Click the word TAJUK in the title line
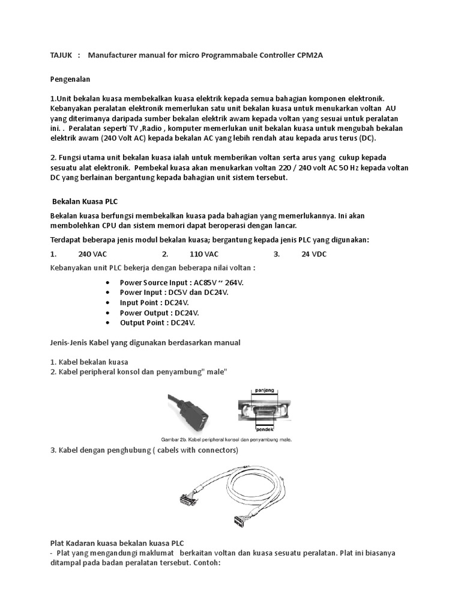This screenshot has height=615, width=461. pos(60,55)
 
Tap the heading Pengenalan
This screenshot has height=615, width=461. pos(69,79)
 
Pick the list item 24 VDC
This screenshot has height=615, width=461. pos(314,254)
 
